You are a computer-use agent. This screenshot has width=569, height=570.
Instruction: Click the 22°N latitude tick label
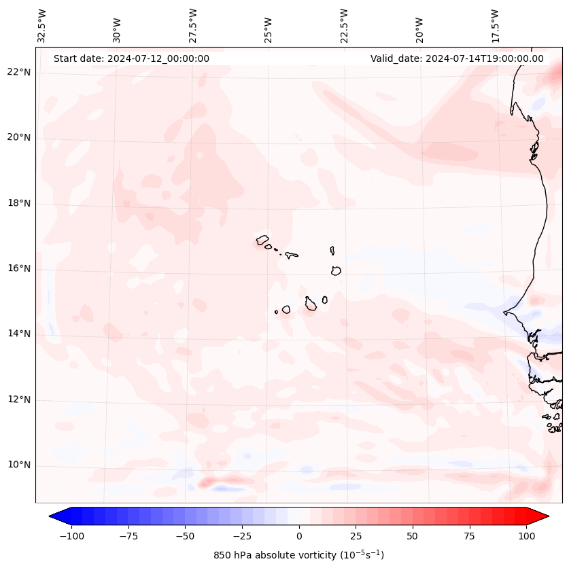coord(19,73)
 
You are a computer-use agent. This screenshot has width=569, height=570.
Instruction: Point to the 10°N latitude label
coord(19,465)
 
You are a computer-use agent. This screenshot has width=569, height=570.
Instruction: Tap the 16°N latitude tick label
coord(19,269)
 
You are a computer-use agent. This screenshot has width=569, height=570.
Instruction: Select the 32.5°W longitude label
coord(42,26)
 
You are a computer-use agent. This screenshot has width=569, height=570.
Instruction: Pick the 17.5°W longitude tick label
coord(495,26)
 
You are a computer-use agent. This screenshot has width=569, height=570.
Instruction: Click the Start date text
coord(131,58)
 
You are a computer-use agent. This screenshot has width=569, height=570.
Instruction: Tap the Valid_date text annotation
coord(457,58)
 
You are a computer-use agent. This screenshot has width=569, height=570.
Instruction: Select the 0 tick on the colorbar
coord(299,536)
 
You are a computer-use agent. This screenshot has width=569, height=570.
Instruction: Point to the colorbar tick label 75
coord(470,536)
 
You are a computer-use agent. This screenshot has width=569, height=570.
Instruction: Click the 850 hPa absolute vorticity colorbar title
coord(298,555)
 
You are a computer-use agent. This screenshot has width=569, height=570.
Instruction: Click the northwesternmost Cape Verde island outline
coord(262,239)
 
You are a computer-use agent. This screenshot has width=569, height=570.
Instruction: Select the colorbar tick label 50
coord(413,536)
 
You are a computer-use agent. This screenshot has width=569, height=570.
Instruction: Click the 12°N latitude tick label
coord(19,400)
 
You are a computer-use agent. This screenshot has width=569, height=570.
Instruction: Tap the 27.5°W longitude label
coord(193,26)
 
